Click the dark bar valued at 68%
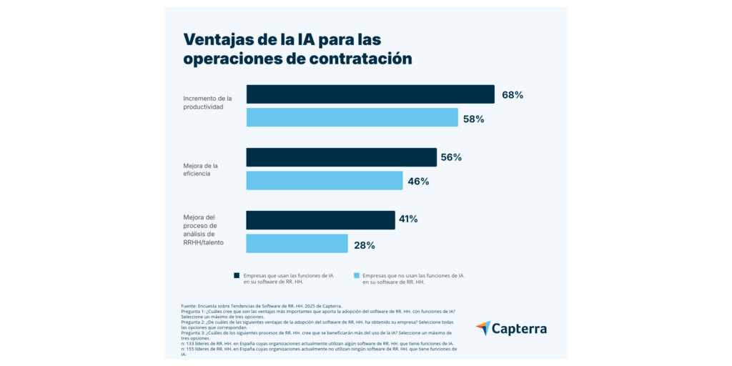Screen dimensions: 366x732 370,94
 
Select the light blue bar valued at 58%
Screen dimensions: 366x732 352,117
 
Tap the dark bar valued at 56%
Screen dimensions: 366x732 341,157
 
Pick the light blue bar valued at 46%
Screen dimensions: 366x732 325,181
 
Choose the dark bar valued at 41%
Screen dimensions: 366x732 320,219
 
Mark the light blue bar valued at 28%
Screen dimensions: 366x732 297,244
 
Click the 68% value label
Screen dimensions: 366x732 513,95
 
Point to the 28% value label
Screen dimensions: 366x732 365,245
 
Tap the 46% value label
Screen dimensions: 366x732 418,182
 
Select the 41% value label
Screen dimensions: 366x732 408,219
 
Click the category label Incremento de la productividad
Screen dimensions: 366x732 207,102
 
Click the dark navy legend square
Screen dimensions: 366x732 237,275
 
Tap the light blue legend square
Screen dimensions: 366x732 356,275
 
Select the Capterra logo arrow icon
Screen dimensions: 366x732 483,328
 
